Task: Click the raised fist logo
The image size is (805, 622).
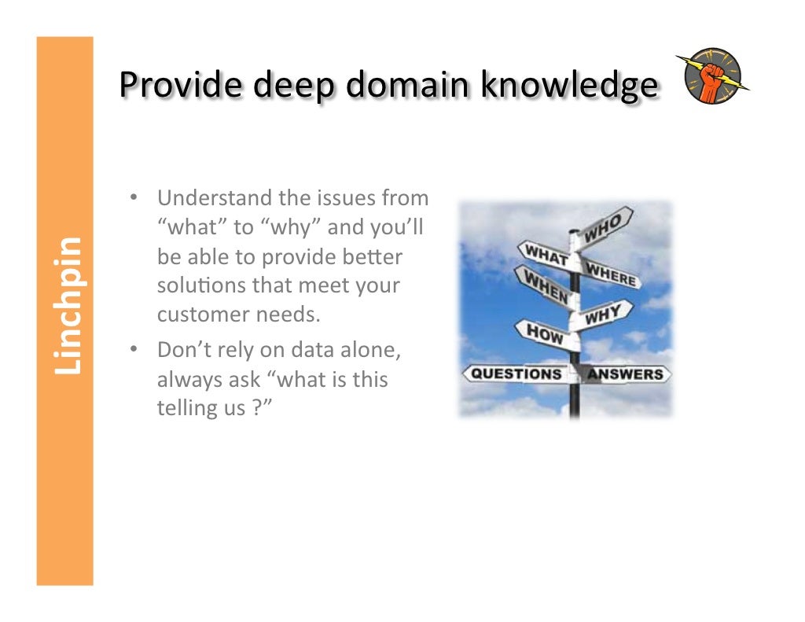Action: click(x=712, y=77)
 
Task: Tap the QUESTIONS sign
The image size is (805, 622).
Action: click(x=516, y=374)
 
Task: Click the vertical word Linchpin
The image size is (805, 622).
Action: click(x=66, y=306)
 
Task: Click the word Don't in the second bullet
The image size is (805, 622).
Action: click(x=182, y=349)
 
